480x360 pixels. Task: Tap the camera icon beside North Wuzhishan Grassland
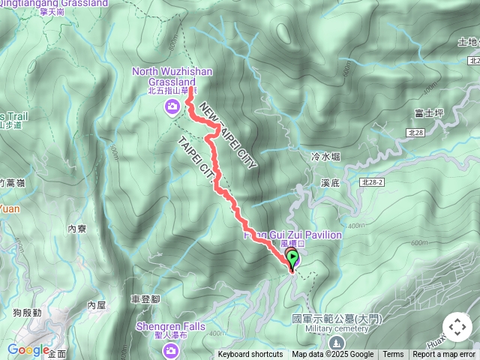point(172,106)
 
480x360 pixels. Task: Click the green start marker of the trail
point(292,259)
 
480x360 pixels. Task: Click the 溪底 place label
point(331,182)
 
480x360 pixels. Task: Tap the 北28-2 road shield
point(371,182)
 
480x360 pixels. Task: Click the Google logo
point(28,349)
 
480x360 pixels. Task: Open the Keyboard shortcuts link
point(250,355)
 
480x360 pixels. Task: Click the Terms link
point(393,355)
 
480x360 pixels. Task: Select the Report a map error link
point(444,355)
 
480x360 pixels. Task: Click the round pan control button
point(457,327)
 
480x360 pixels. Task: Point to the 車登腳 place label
point(145,298)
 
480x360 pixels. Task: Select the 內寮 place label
point(77,229)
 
